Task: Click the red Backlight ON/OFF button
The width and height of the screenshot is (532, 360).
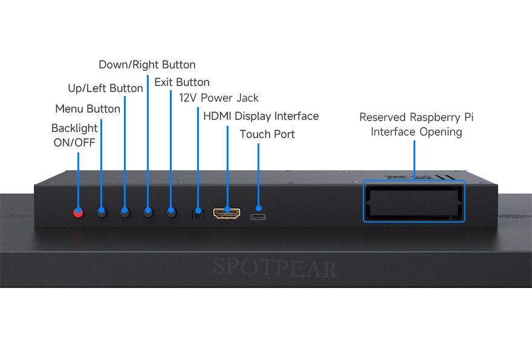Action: tap(78, 212)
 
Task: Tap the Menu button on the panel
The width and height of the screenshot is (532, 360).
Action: tap(102, 212)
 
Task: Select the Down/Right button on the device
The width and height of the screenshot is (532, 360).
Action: tap(148, 212)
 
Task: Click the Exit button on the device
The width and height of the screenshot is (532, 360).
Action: tap(171, 212)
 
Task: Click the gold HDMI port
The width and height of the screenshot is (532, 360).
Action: tap(227, 214)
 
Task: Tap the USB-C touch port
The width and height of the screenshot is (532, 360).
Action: tap(259, 216)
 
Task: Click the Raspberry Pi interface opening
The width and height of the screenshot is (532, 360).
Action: tap(414, 201)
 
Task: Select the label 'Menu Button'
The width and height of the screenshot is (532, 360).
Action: tap(88, 109)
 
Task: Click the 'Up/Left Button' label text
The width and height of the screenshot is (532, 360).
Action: tap(105, 88)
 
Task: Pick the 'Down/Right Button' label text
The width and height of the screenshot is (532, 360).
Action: tap(147, 65)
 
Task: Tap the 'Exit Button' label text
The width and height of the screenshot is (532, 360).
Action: tap(182, 82)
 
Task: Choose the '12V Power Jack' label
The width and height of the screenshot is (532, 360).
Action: tap(219, 98)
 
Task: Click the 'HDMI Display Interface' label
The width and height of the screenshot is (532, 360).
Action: tap(261, 116)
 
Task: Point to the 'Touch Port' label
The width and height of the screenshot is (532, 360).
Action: tap(267, 134)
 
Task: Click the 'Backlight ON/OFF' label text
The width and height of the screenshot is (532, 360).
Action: tap(74, 136)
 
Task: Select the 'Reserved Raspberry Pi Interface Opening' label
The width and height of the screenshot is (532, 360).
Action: tap(417, 125)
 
